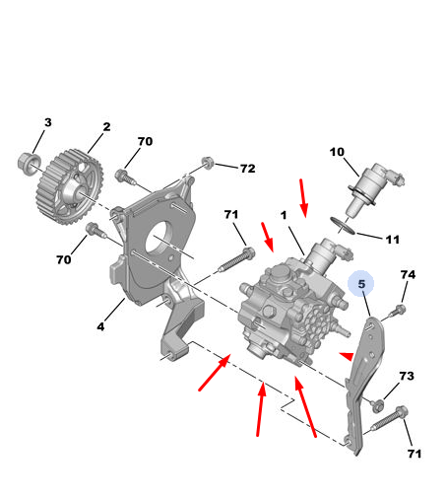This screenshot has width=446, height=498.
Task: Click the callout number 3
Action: click(x=48, y=122)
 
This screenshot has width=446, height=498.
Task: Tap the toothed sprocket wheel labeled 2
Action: click(x=70, y=186)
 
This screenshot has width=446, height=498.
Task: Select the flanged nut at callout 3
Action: click(x=29, y=164)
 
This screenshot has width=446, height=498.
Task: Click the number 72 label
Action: click(x=248, y=169)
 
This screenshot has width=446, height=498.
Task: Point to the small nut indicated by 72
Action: click(x=208, y=163)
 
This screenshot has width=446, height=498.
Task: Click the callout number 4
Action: click(x=100, y=326)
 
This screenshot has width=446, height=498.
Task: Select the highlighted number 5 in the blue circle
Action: click(x=361, y=284)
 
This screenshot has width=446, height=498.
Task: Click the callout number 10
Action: click(x=337, y=152)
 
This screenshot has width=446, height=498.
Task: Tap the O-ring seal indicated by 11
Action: click(x=343, y=226)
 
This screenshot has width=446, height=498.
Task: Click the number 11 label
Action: click(x=393, y=240)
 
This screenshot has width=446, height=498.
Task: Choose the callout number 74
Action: click(x=408, y=274)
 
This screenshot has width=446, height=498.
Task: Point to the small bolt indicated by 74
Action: click(x=398, y=311)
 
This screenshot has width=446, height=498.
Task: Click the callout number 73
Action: click(x=407, y=376)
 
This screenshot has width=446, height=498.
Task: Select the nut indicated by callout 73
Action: click(x=377, y=405)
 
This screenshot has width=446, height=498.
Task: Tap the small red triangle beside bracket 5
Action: click(x=348, y=356)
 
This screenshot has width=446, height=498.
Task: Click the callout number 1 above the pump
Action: click(x=284, y=215)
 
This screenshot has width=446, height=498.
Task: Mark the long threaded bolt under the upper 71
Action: click(x=236, y=260)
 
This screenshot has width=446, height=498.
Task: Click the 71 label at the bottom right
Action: click(x=414, y=454)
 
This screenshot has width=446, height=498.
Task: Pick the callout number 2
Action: click(x=106, y=127)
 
